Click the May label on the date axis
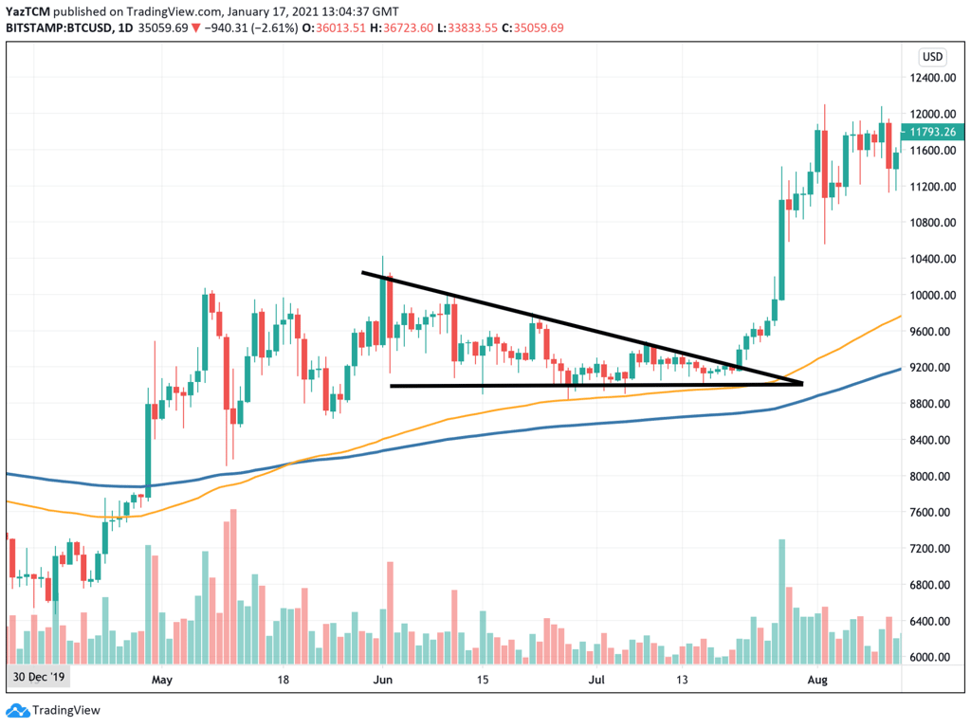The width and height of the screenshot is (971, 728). pyautogui.click(x=162, y=680)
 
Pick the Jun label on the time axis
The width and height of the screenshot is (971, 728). pyautogui.click(x=383, y=680)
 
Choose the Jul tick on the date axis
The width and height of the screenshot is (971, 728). pyautogui.click(x=597, y=680)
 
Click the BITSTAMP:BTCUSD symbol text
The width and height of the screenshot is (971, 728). pyautogui.click(x=57, y=27)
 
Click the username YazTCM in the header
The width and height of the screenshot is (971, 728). pyautogui.click(x=27, y=11)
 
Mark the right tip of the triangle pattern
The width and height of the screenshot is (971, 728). pyautogui.click(x=802, y=383)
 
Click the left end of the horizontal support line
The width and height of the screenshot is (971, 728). pyautogui.click(x=392, y=385)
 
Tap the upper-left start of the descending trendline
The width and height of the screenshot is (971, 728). pyautogui.click(x=363, y=273)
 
